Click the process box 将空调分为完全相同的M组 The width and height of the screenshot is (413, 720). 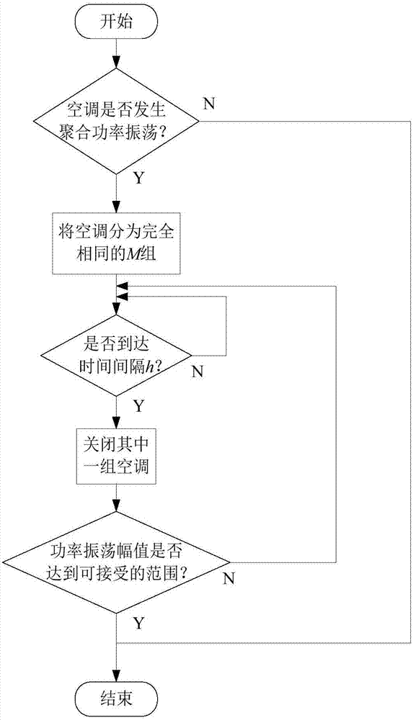click(x=116, y=243)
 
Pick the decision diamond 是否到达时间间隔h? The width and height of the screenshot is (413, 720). click(x=116, y=354)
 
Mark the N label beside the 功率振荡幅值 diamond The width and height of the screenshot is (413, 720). click(x=228, y=580)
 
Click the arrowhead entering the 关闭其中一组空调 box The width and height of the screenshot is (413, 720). click(x=116, y=425)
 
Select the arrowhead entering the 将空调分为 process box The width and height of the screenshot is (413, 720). click(x=116, y=207)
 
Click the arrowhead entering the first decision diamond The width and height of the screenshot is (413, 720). click(x=116, y=66)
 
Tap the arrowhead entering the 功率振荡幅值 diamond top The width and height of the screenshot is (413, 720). click(x=116, y=508)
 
